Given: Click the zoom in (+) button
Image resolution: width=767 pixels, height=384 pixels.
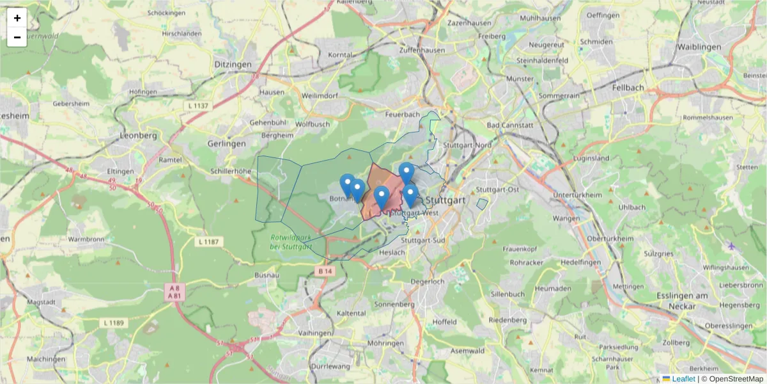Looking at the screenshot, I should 17,18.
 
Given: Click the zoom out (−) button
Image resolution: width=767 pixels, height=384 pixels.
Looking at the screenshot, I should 17,37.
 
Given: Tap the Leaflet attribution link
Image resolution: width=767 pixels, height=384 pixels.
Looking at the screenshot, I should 683,379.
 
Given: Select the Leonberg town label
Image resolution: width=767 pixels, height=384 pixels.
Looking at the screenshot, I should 139,136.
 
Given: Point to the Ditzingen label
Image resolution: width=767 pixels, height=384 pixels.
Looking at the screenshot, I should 233,65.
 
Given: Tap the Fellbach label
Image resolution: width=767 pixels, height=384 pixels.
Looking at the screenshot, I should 628,87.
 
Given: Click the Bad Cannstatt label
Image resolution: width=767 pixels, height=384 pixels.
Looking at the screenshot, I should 509,125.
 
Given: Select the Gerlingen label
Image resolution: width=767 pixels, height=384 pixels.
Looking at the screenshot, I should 226,144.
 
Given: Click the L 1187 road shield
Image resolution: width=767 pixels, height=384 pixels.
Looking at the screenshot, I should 208,242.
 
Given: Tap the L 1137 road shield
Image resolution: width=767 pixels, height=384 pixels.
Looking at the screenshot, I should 199,105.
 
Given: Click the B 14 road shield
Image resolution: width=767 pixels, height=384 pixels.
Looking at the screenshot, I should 325,271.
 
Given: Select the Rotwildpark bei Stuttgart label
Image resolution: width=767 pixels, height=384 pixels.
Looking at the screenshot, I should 290,242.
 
